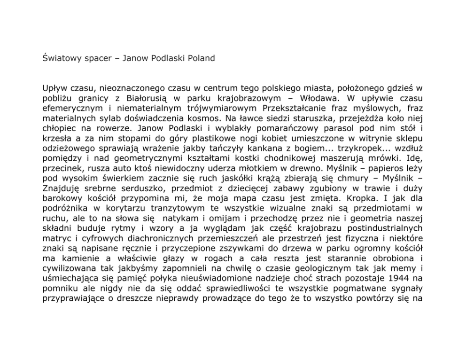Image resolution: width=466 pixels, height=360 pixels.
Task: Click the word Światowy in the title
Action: point(60,59)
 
